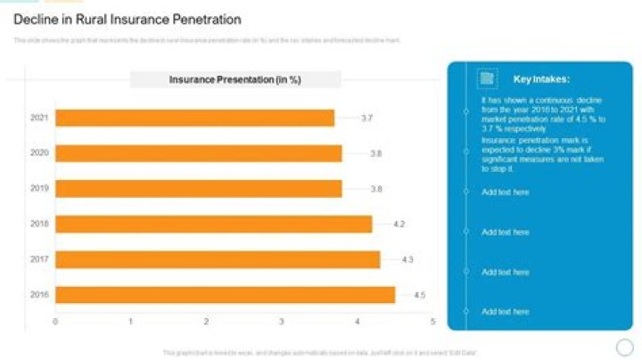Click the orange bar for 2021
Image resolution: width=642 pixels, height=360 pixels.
[x=194, y=118]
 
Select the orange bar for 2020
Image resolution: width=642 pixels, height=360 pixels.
[x=199, y=153]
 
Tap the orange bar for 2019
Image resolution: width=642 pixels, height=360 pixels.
[x=199, y=188]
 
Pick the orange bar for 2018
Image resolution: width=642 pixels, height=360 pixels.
[x=214, y=224]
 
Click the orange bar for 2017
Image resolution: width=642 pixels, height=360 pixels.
[x=218, y=259]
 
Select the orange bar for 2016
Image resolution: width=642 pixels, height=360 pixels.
[x=225, y=294]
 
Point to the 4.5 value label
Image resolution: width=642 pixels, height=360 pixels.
[x=418, y=295]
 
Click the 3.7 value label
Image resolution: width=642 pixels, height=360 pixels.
[x=366, y=118]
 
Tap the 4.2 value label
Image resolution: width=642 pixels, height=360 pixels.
[x=399, y=224]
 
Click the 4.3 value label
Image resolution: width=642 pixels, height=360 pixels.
[x=407, y=259]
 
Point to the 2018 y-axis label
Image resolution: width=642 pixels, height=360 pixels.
[x=39, y=224]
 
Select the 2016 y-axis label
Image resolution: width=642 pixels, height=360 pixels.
[x=39, y=295]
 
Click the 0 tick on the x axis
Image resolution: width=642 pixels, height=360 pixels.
[x=55, y=322]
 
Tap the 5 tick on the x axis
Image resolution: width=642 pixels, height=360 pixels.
[x=432, y=322]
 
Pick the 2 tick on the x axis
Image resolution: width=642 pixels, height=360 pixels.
[x=206, y=322]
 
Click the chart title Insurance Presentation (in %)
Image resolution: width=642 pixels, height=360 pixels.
[x=235, y=80]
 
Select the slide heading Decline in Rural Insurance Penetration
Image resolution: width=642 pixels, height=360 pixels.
[x=127, y=19]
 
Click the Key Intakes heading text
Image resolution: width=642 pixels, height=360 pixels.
[x=541, y=79]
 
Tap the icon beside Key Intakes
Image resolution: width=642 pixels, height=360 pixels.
[x=487, y=78]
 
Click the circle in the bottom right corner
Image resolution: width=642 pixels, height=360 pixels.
[x=624, y=347]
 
